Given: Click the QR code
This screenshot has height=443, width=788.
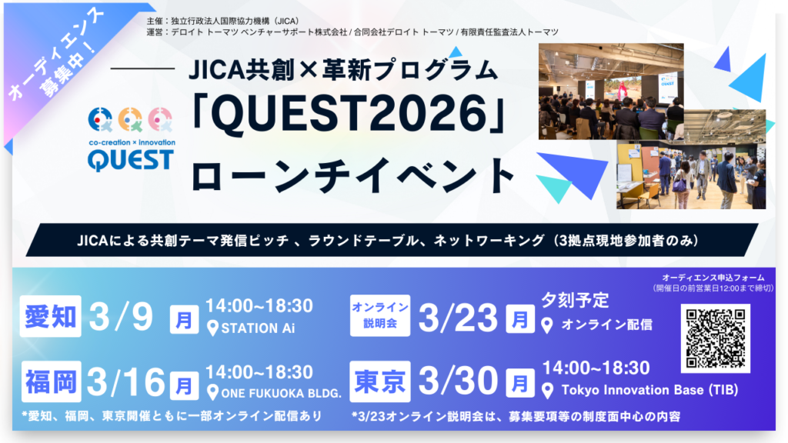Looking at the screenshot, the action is (x=715, y=338).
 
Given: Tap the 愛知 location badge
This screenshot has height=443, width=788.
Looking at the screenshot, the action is (x=50, y=316).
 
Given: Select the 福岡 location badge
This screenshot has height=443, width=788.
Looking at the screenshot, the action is (x=52, y=381).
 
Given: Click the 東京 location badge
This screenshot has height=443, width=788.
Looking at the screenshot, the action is (x=380, y=381).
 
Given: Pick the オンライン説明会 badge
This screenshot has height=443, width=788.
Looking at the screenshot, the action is (x=380, y=315).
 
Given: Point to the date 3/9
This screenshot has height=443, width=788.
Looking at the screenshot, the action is (x=121, y=317).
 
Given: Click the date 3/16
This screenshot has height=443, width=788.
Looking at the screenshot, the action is (x=126, y=382).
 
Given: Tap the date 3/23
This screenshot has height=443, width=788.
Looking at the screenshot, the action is (x=458, y=318).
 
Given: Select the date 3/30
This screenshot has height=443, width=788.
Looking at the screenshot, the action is (x=458, y=381).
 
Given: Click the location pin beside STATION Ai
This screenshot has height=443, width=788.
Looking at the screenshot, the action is (x=212, y=328).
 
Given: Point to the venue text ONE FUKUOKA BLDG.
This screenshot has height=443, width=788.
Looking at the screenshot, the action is (x=281, y=393).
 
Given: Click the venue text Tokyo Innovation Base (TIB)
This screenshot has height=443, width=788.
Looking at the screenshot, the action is (x=649, y=390).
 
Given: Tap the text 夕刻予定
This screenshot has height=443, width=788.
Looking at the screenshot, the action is (x=575, y=300).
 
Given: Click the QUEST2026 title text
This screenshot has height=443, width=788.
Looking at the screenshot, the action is (x=349, y=115).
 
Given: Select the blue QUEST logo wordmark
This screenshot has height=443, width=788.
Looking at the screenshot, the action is (x=131, y=160).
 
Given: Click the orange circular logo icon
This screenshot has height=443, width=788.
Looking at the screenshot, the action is (x=130, y=119).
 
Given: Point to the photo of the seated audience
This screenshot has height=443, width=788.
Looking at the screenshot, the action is (x=611, y=92).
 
